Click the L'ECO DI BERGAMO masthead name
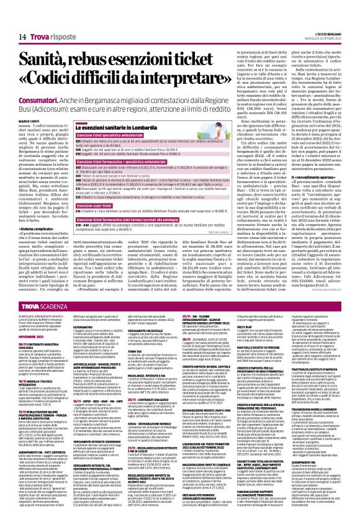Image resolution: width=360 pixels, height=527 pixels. (x=336, y=5)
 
